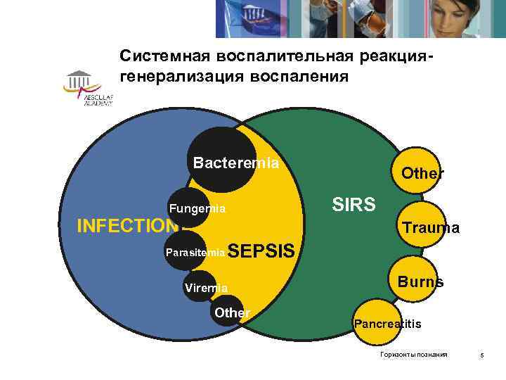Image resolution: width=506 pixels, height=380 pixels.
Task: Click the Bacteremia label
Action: tap(236, 163)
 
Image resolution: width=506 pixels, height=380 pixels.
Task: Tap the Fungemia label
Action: tap(197, 208)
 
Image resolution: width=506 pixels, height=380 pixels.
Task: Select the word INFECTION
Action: tap(127, 226)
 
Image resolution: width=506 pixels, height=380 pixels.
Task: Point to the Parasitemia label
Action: tap(195, 251)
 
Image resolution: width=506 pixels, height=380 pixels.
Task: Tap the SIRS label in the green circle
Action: tap(353, 205)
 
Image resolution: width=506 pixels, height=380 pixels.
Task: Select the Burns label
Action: tap(420, 281)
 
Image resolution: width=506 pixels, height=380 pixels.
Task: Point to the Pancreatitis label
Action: tap(387, 324)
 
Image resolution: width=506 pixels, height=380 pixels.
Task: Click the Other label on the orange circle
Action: tap(422, 173)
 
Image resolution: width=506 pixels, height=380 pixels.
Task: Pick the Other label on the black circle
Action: tap(232, 312)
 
